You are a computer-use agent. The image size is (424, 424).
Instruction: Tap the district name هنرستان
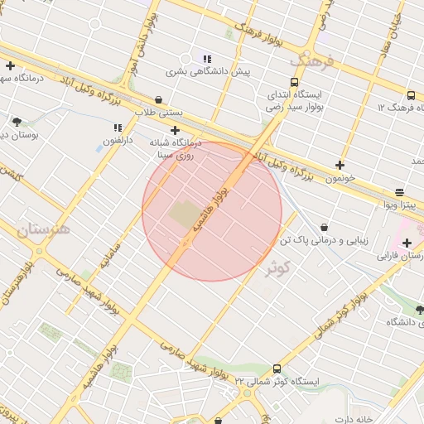42,228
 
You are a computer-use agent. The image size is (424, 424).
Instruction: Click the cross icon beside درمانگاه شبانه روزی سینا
176,130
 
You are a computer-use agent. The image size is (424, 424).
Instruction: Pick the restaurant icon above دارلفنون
118,128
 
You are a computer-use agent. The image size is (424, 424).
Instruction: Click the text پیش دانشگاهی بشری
208,72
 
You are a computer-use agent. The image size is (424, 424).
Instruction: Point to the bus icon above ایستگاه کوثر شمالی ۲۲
277,369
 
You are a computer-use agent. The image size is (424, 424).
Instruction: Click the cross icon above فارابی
407,243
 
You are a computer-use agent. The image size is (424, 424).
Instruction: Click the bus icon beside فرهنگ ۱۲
410,95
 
